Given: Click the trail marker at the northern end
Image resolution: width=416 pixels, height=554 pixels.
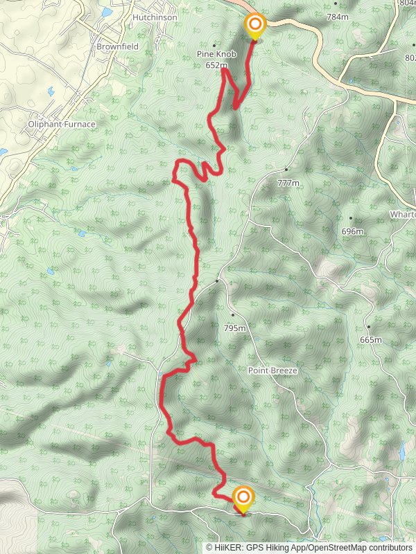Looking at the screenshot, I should point(255,27).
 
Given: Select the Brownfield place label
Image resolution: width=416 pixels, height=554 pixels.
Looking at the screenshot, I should point(118,46).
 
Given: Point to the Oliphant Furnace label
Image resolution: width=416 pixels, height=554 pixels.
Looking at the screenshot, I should point(62,125).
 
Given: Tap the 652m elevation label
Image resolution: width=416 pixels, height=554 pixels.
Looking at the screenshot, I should point(216,66).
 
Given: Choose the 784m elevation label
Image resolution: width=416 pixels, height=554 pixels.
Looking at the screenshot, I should point(337,16).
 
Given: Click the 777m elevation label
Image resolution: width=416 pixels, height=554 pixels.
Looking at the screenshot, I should point(288,183).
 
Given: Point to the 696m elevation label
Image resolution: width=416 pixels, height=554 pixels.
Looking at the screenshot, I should point(352,231).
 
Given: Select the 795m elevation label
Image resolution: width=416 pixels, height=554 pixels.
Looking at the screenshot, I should point(234,328).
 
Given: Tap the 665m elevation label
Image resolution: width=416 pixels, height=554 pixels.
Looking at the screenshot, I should point(371,340).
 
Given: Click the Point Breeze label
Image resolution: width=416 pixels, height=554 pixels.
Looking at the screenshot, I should point(272,371).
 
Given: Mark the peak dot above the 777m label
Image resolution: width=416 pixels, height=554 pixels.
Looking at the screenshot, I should point(286,169).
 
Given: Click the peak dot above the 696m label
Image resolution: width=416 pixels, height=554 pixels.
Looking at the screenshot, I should point(351,218).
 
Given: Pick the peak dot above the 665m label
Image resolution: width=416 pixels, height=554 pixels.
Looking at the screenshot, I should point(369,327).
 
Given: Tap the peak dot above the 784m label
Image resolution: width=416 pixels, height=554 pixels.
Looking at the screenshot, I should point(336,3).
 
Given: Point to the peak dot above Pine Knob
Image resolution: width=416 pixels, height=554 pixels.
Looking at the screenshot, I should point(214,45).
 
